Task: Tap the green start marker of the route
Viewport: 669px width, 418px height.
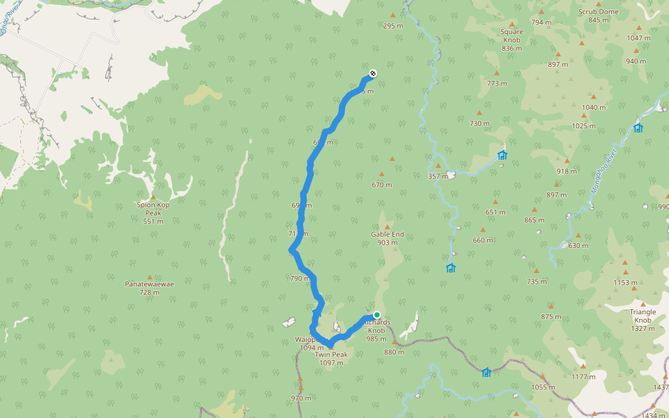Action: [x=377, y=315]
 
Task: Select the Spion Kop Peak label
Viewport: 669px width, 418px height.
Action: [x=153, y=209]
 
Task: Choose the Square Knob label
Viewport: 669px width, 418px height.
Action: [x=512, y=36]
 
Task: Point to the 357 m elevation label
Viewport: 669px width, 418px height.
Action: [x=438, y=176]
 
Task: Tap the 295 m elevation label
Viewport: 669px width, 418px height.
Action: [x=393, y=26]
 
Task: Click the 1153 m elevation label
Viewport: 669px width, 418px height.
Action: [x=625, y=282]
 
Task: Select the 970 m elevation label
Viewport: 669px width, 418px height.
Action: [x=301, y=398]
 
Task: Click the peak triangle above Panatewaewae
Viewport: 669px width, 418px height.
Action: [x=149, y=277]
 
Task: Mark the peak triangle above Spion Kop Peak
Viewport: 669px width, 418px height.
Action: [x=153, y=196]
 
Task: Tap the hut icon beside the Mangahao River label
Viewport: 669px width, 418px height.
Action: [x=638, y=127]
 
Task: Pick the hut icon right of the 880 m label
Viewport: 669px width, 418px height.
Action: [x=486, y=372]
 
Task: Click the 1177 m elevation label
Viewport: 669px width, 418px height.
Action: [x=583, y=376]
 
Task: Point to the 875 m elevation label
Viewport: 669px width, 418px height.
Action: [x=551, y=316]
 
